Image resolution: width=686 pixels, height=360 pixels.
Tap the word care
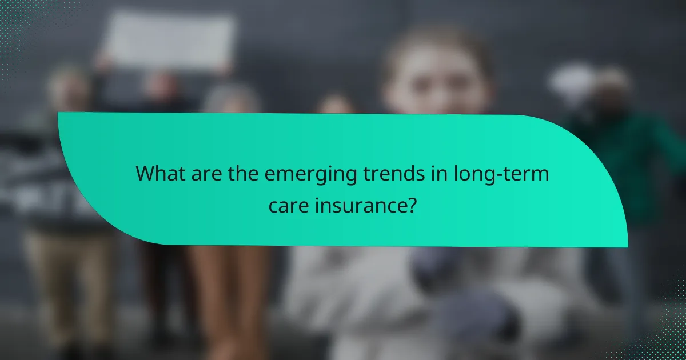288,205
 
